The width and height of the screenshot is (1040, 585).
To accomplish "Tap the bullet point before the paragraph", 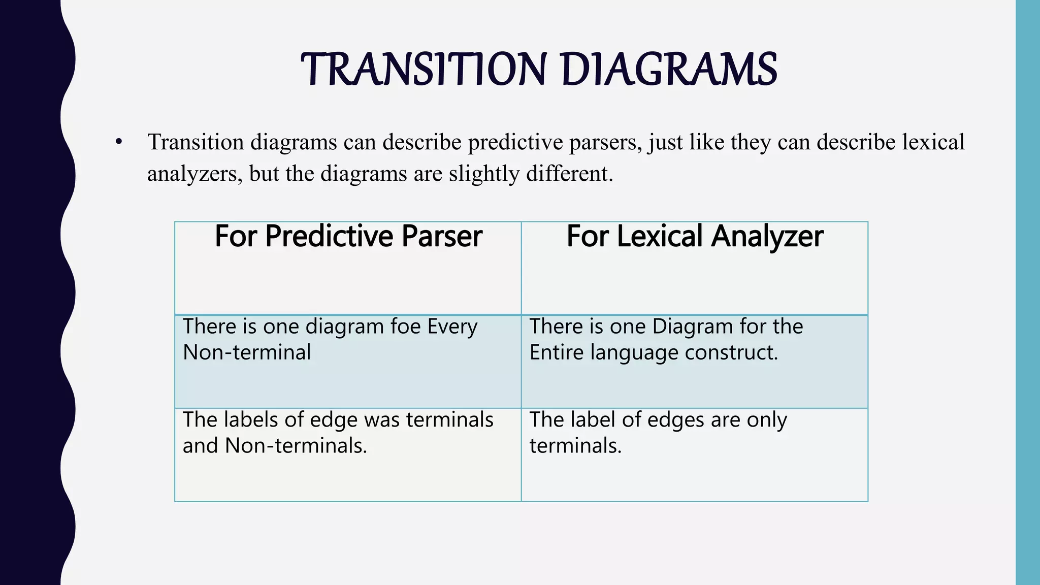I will (x=119, y=142).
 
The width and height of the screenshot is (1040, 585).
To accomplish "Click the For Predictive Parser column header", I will (x=348, y=237).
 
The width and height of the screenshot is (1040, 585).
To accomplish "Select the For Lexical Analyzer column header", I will (x=694, y=237).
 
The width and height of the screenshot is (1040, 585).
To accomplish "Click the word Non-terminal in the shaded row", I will (x=247, y=352).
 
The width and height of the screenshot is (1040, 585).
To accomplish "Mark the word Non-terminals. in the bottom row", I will (x=296, y=446).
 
